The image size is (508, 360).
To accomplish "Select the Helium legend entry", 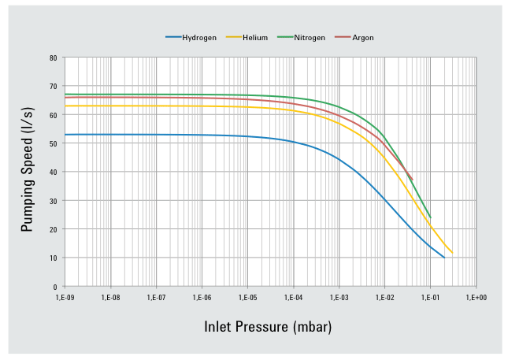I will click(255, 37).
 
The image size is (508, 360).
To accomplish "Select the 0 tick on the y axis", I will click(55, 287).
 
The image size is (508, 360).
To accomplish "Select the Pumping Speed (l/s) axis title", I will click(27, 172).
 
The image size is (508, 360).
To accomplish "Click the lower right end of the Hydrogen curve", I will click(444, 258).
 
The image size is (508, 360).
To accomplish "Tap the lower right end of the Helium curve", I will click(452, 253).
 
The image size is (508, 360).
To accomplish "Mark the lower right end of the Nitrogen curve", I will click(430, 217).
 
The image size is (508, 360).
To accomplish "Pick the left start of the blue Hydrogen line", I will click(65, 135).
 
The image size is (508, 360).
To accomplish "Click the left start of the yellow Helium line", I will click(65, 106).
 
